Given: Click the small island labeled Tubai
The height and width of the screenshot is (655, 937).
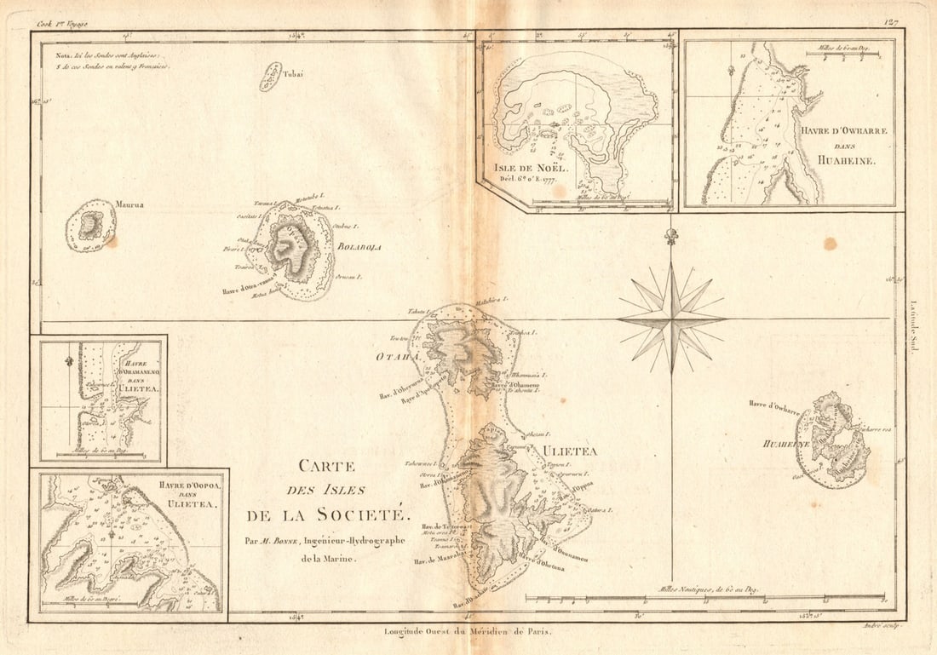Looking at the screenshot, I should tap(271, 77).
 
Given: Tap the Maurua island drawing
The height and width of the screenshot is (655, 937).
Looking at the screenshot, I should tap(91, 226).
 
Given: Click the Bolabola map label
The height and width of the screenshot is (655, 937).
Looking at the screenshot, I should tap(359, 247).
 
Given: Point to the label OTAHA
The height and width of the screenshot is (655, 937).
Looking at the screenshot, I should tap(398, 357).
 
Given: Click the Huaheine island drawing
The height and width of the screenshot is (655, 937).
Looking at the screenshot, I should tap(832, 441).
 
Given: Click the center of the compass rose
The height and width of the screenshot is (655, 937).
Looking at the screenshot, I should tap(672, 319).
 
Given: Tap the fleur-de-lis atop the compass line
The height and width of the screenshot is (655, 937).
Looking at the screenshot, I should tap(672, 236).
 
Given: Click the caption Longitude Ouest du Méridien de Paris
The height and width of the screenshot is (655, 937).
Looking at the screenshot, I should tap(468, 632).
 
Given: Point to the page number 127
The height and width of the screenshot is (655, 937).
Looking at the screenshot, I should tap(892, 23).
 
